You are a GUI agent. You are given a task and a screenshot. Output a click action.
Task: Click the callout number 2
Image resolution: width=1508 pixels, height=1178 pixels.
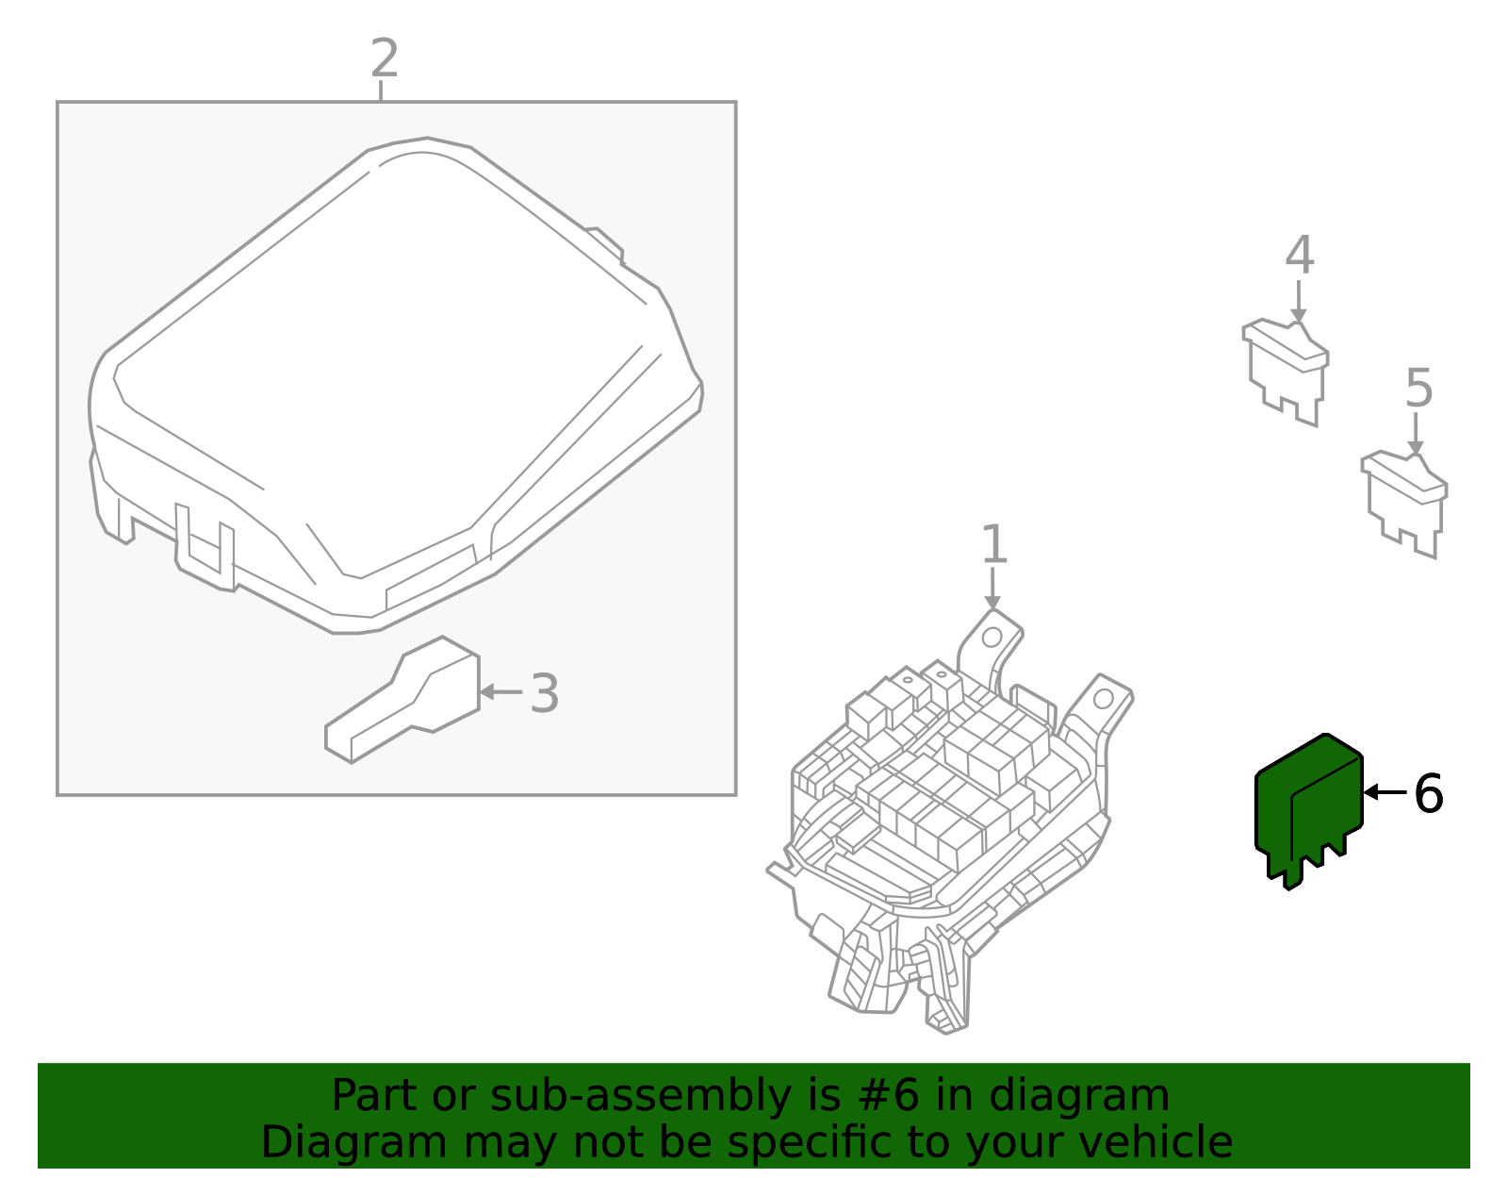(384, 58)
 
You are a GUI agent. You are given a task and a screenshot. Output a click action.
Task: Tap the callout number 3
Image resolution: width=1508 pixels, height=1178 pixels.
(544, 694)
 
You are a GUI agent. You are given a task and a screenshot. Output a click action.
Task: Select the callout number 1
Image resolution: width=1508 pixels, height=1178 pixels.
(993, 545)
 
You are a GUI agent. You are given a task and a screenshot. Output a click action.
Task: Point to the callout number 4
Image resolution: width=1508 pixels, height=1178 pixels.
(1299, 255)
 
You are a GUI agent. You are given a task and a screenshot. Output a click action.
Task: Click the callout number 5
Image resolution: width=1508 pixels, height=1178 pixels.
(1418, 389)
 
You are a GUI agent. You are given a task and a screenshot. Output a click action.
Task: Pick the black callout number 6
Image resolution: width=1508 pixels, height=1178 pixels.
(1428, 794)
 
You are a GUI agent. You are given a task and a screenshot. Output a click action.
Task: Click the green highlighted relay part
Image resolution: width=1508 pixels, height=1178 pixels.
(1308, 806)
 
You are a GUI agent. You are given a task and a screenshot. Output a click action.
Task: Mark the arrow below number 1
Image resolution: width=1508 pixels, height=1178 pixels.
(992, 589)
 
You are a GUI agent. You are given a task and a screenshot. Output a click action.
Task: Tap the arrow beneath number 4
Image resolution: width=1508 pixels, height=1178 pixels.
(1298, 302)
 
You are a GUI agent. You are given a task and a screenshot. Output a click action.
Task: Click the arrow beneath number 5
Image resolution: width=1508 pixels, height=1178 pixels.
(1415, 435)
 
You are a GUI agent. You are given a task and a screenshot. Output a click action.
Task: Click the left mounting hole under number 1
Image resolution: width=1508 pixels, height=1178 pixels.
(991, 638)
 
